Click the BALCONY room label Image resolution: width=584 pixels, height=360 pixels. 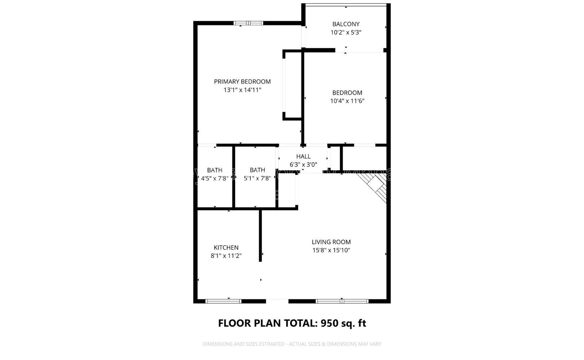coord(346,24)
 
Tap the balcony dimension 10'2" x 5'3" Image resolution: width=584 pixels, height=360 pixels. coord(346,32)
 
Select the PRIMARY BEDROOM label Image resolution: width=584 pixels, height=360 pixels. coord(242,82)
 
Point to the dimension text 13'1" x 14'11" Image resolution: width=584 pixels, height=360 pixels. coord(242,90)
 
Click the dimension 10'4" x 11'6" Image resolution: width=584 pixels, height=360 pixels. coord(347,101)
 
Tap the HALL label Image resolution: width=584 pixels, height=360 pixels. coord(303,156)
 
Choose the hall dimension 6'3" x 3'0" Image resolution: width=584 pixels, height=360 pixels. coord(303,164)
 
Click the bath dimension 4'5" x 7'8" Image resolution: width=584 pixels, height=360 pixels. coord(215,178)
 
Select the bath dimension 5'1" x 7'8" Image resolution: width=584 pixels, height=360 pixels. coord(257,178)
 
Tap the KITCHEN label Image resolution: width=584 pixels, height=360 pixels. coord(226,248)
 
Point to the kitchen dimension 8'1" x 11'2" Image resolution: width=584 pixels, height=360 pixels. coord(226,256)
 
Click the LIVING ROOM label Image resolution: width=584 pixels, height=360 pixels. coord(331,242)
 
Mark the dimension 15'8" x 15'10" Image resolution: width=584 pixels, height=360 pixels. coord(331,250)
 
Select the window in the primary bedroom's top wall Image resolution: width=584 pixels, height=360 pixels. coord(248,23)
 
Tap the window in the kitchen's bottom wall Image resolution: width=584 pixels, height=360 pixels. coord(223,301)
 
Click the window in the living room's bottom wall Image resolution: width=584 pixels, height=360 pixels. coord(342,301)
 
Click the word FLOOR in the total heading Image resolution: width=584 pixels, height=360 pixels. coord(234,323)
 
